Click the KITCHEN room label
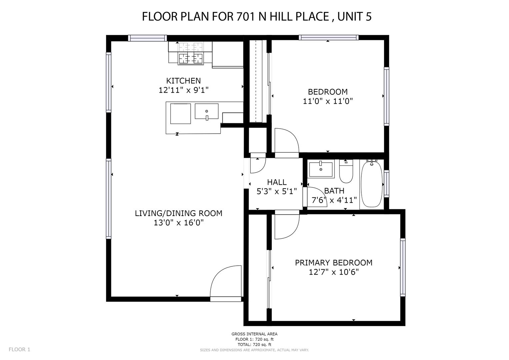[183, 81]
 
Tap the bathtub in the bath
[372, 184]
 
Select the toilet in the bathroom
[346, 171]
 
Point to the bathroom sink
[321, 169]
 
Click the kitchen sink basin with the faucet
[207, 111]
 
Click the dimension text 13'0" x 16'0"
[179, 223]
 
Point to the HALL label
[277, 182]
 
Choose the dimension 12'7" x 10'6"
[334, 272]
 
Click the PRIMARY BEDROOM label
[334, 263]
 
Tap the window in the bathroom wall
[387, 184]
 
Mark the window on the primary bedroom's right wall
[403, 267]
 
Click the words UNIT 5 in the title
[354, 17]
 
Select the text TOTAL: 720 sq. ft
[255, 344]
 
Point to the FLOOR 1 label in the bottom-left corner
[20, 349]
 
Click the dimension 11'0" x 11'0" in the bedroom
[328, 101]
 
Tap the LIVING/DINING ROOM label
[179, 213]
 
